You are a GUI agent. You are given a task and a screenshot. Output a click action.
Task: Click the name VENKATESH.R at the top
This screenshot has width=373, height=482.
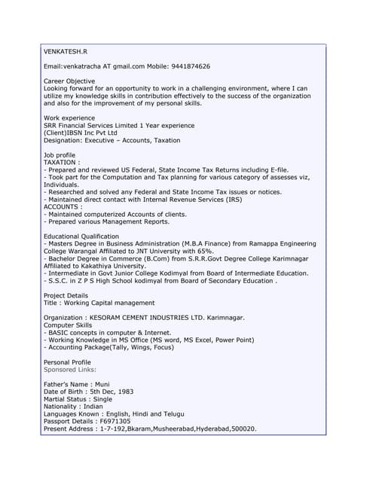click(66, 52)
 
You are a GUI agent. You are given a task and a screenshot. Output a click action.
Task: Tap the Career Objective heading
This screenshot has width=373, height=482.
click(69, 81)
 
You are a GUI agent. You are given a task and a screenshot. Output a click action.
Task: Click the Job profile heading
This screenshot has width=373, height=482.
click(60, 154)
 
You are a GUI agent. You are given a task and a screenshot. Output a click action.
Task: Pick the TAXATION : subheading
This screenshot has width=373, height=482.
click(62, 162)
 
